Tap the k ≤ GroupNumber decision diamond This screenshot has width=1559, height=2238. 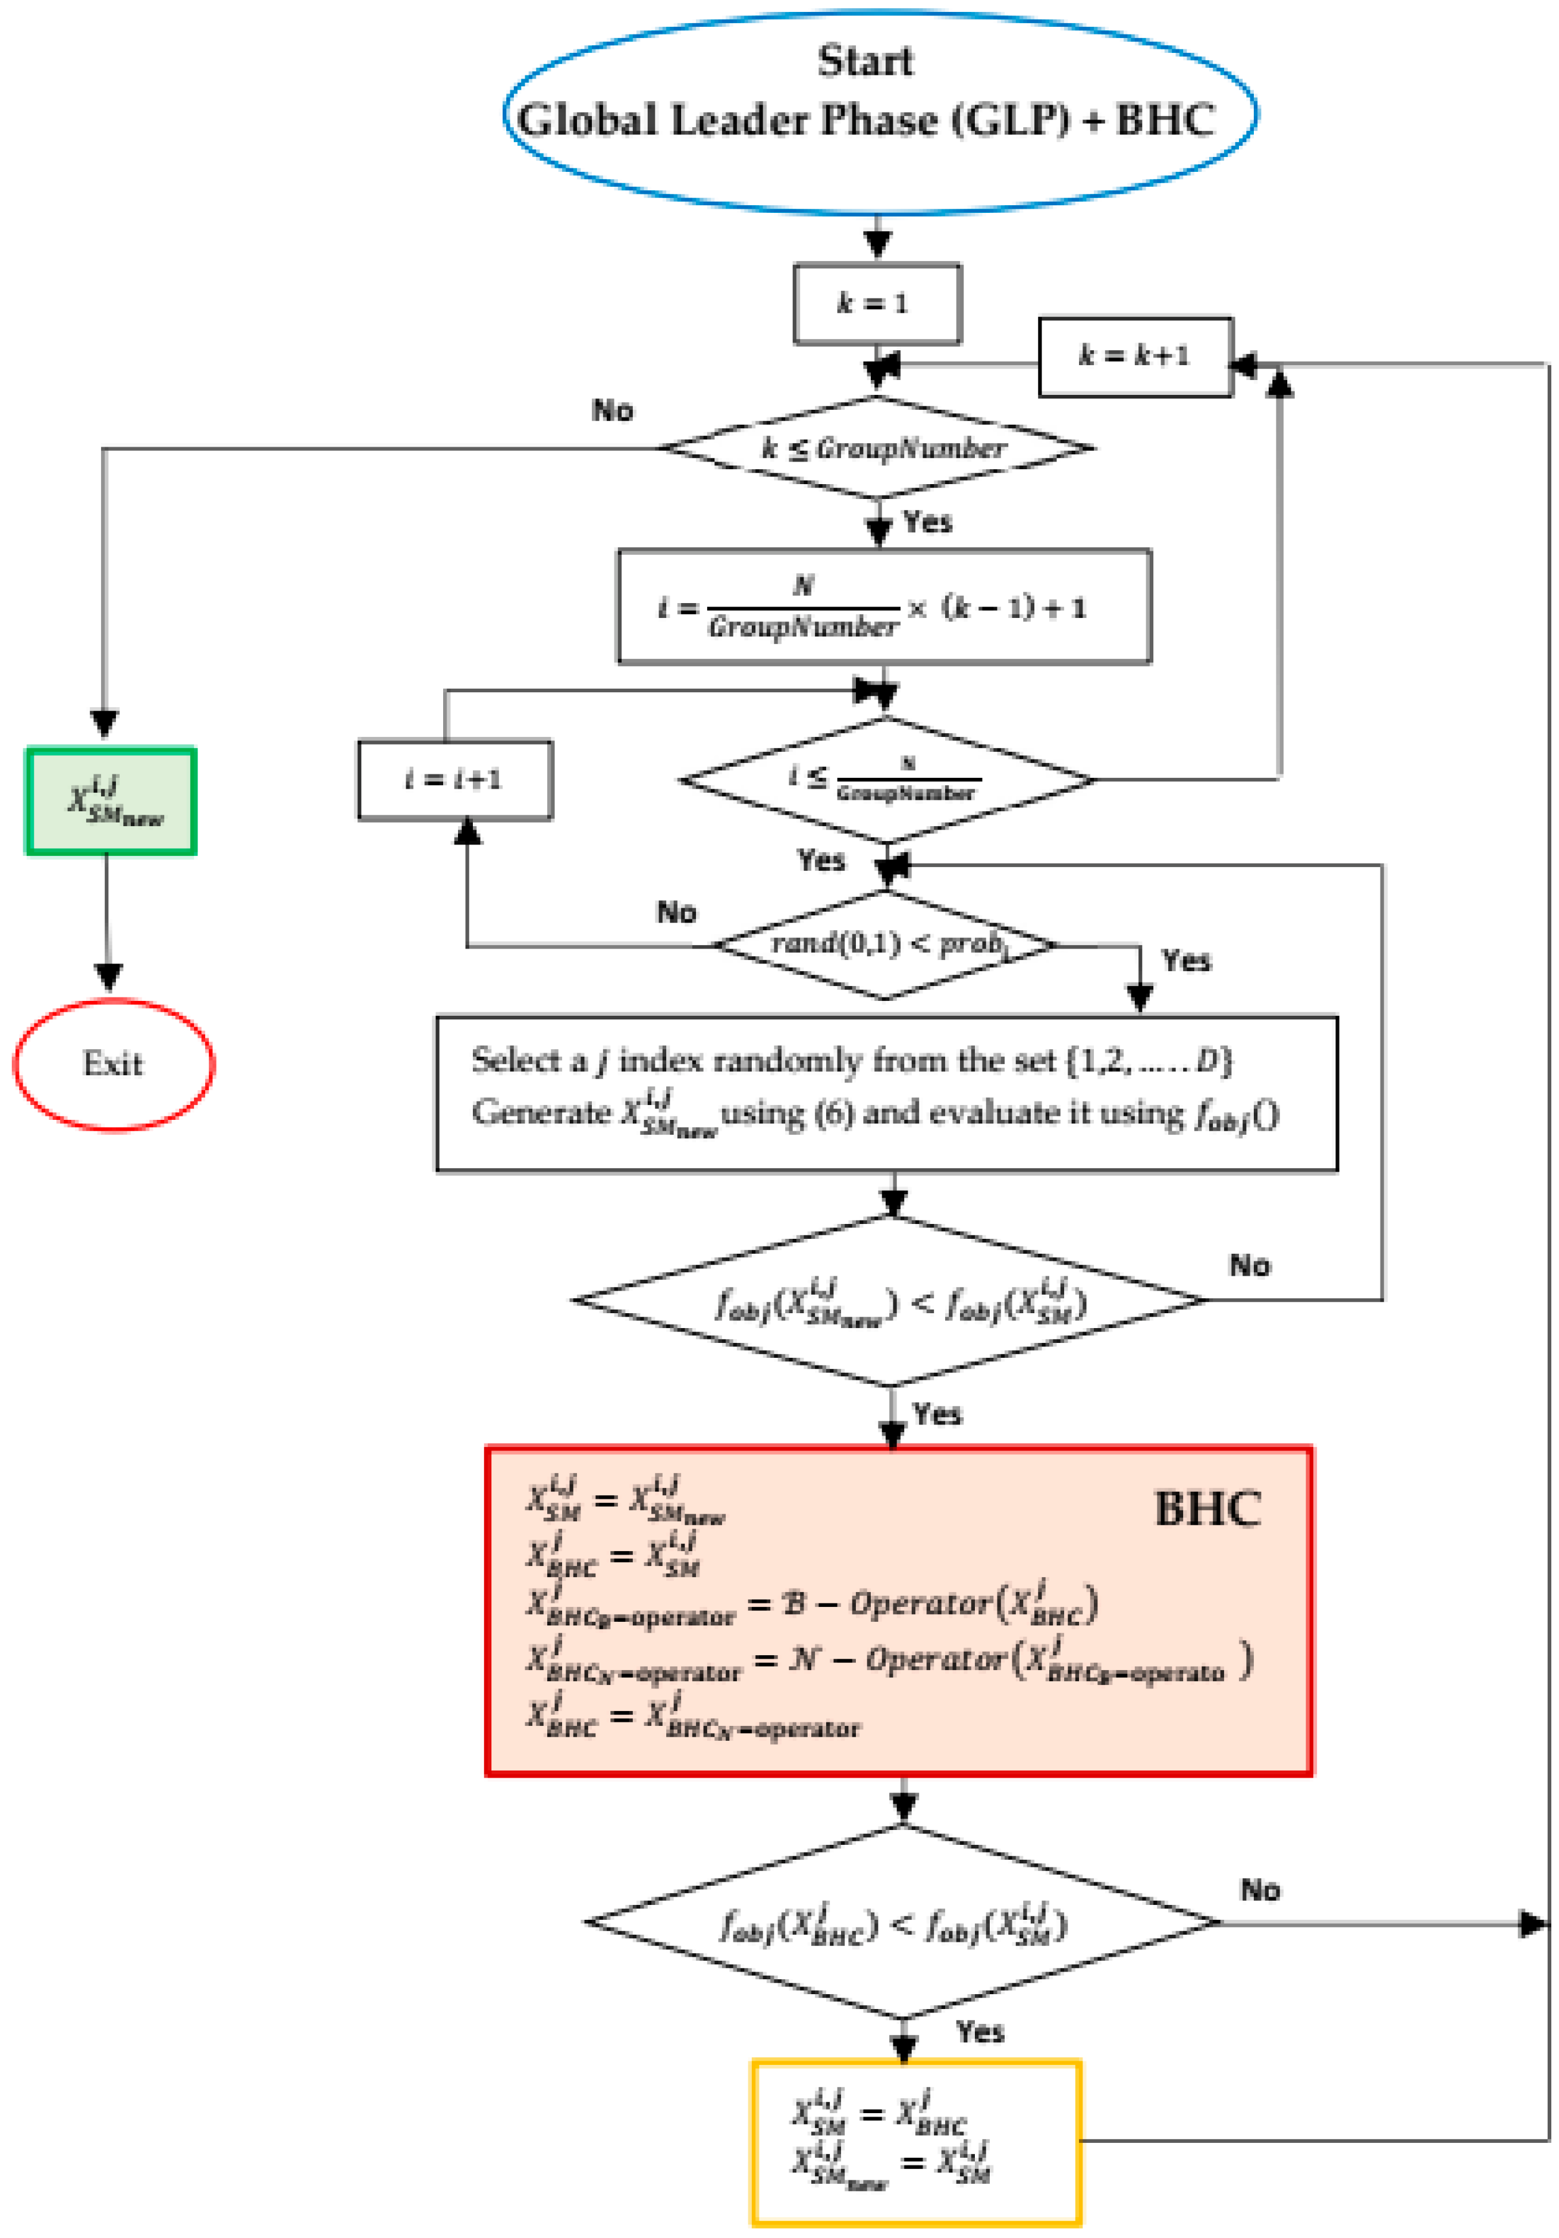pos(877,448)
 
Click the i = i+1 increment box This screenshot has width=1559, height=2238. pos(454,780)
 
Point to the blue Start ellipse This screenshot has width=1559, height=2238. pos(880,113)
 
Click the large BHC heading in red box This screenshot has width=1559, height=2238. pos(1207,1509)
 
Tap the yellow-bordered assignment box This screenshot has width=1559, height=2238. pos(915,2142)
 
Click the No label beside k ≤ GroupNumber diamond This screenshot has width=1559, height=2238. pos(612,410)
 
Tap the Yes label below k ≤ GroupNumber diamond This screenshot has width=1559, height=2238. pos(927,522)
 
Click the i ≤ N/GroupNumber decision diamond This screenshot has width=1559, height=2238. pos(885,780)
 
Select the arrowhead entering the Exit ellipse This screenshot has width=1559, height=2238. pos(108,977)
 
